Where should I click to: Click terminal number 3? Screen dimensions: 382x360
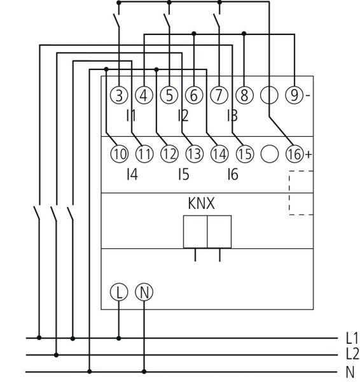click(119, 95)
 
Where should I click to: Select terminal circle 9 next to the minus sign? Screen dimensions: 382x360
click(294, 95)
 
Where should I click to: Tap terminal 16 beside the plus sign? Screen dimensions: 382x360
click(294, 153)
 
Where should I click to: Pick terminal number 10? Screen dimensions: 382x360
click(119, 153)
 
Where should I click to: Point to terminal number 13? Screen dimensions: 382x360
click(194, 153)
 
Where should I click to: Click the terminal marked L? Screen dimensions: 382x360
click(119, 292)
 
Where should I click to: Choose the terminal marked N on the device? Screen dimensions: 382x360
click(144, 292)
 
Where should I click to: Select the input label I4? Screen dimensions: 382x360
click(132, 174)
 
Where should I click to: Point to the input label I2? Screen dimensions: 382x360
click(183, 116)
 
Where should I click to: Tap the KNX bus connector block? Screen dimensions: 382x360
click(207, 230)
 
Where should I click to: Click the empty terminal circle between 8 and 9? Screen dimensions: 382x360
click(269, 95)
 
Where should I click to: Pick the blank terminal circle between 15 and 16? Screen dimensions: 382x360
click(270, 153)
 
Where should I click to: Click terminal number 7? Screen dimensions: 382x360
click(219, 95)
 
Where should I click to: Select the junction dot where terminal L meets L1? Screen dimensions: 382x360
click(119, 337)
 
